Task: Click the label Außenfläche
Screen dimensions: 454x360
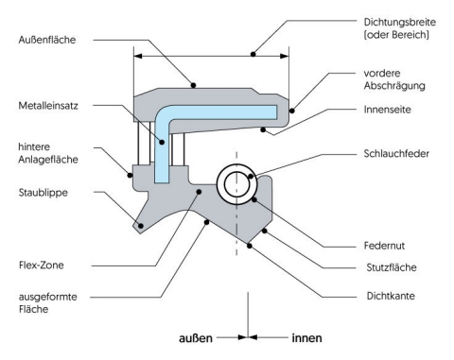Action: [47, 40]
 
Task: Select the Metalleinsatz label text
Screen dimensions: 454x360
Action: [48, 106]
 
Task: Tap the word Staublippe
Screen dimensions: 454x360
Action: [44, 193]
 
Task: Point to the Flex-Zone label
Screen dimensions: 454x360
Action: [41, 265]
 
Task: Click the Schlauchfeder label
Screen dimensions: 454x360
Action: [396, 154]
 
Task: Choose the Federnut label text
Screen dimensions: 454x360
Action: [384, 246]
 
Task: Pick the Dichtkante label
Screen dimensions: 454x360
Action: [391, 296]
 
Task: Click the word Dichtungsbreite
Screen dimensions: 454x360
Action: [400, 22]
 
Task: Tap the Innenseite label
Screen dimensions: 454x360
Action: [387, 110]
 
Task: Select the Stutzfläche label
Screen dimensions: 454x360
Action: [392, 267]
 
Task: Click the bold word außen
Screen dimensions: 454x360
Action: [196, 338]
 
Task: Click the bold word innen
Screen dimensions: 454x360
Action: [306, 338]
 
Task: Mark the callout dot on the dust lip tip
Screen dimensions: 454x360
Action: [141, 226]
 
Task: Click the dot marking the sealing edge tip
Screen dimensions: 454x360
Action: [250, 246]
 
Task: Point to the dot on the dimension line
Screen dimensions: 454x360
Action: [253, 54]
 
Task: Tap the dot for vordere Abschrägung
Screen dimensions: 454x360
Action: [292, 111]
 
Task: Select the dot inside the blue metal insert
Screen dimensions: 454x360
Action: [162, 143]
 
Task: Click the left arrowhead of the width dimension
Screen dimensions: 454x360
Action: [138, 57]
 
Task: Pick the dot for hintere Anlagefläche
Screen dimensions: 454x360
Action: [130, 175]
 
